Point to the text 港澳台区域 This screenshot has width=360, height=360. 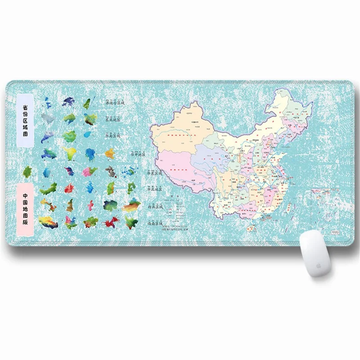click(114, 103)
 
